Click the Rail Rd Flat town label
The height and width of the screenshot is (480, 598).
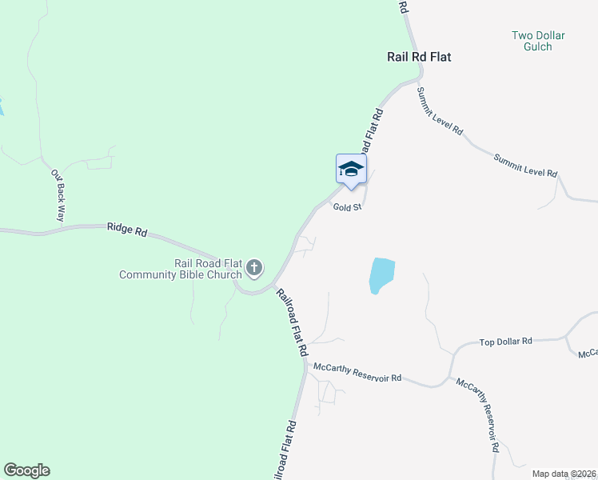[419, 58]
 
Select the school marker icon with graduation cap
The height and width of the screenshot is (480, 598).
[351, 169]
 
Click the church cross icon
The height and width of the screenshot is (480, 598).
[254, 268]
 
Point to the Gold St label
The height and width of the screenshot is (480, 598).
[348, 206]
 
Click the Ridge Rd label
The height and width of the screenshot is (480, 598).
[127, 230]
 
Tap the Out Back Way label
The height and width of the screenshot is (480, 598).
[58, 195]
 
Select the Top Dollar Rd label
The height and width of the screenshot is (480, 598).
[505, 342]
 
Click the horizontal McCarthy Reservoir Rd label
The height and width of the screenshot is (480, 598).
[357, 372]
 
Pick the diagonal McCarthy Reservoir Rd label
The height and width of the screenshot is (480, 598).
[478, 415]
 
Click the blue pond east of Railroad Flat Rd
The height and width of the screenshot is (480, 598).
[381, 276]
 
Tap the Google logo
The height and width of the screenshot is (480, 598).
[26, 470]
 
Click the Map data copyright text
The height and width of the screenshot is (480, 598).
[563, 474]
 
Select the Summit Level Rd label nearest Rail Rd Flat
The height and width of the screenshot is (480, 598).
[440, 111]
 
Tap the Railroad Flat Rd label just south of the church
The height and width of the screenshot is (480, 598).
[293, 322]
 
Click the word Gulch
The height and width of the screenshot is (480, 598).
[538, 47]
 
